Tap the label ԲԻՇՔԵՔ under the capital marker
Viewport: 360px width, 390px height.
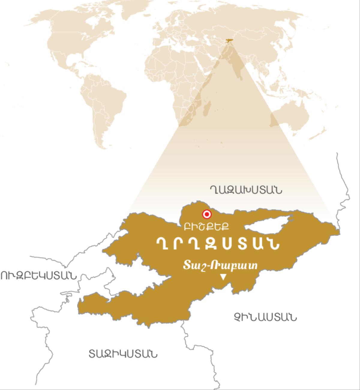(x=207, y=227)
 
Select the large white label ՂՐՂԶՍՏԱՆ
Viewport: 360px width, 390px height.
(x=218, y=244)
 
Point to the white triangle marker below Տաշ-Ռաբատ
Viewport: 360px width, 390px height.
(x=223, y=277)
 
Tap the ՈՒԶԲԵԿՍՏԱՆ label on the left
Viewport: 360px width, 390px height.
(x=38, y=275)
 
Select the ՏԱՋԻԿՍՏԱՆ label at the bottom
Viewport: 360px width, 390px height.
(x=123, y=354)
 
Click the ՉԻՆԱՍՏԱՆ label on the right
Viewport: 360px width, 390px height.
(x=265, y=317)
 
